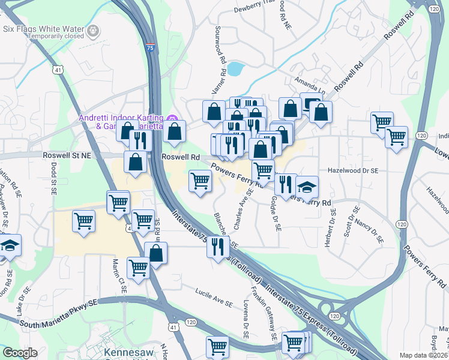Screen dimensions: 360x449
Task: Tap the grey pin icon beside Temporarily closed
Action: tap(93, 30)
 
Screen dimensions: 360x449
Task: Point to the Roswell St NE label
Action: tap(66, 155)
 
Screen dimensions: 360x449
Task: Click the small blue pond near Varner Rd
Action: tap(235, 69)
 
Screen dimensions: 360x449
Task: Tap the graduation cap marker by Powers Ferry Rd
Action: tap(307, 187)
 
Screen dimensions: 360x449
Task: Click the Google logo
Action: tap(20, 353)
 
